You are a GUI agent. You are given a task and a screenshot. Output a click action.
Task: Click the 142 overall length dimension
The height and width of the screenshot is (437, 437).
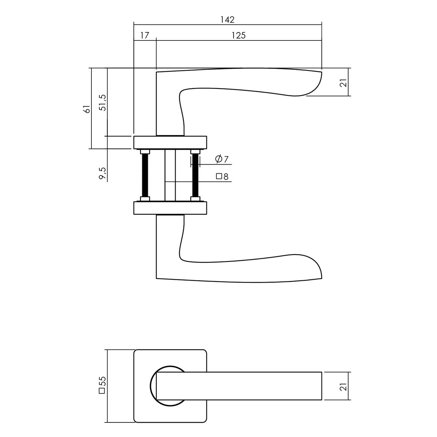[x=228, y=20]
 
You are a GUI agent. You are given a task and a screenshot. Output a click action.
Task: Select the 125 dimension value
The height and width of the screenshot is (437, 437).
[x=239, y=35]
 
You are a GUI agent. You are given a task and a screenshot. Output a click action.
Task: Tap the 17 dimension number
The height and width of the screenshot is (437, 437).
[x=145, y=35]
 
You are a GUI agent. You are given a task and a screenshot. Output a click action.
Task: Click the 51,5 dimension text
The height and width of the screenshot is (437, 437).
[x=103, y=102]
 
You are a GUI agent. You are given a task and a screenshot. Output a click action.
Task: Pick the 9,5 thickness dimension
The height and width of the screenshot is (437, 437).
[x=102, y=173]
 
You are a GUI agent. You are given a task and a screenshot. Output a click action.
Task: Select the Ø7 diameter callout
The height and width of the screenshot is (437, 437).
[x=221, y=159]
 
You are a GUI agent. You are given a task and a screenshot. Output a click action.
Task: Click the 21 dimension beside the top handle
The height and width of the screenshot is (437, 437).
[x=344, y=83]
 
